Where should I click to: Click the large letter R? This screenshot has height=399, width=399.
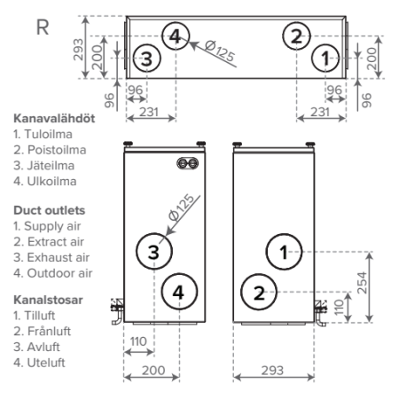[x=43, y=27]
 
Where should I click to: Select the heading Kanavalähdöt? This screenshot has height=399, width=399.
[x=54, y=119]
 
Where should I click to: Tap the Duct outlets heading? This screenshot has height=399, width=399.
[x=50, y=210]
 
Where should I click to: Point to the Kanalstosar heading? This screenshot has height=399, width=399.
[x=48, y=300]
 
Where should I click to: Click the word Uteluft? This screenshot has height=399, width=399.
[x=46, y=363]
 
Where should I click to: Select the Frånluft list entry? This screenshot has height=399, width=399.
[x=49, y=332]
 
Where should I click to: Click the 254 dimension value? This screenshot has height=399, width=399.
[x=362, y=283]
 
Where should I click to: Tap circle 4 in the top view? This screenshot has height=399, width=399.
[x=176, y=36]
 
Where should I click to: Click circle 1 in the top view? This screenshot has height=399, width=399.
[x=325, y=58]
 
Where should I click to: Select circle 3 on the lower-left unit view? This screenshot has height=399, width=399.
[x=154, y=252]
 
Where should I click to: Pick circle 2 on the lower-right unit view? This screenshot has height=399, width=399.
[x=259, y=292]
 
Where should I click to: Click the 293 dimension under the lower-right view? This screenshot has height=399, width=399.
[x=272, y=371]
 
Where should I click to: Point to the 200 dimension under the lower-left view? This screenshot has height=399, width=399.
[x=153, y=371]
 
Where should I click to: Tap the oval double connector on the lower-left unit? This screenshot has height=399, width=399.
[x=188, y=163]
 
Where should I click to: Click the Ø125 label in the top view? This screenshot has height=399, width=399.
[x=220, y=51]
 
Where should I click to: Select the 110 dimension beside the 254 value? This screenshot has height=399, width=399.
[x=340, y=307]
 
